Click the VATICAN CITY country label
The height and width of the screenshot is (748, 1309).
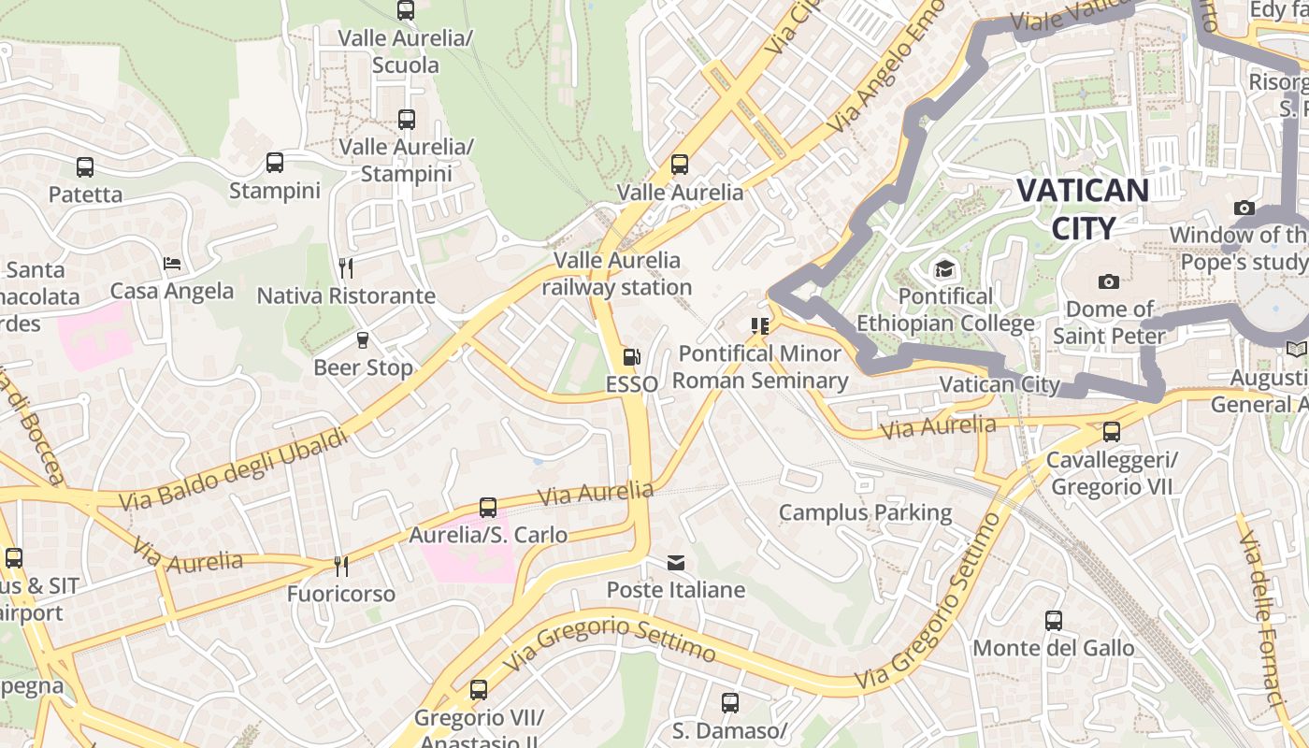1083,209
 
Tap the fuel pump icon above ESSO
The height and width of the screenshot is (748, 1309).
632,356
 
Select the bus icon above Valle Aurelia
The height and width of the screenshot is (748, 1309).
680,165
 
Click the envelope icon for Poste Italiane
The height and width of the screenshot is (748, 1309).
675,562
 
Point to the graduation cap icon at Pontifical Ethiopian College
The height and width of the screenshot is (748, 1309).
944,269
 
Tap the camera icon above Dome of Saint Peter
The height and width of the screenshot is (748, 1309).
1108,281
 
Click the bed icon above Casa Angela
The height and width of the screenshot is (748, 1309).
172,264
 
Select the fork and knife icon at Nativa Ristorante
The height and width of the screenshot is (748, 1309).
346,268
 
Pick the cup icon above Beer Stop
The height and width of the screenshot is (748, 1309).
363,339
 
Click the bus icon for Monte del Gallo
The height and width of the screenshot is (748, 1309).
1054,620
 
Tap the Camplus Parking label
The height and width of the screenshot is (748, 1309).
865,512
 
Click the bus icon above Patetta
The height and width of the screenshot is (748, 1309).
85,167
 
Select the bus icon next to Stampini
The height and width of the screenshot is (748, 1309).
275,163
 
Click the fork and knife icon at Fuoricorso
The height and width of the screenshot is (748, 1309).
341,566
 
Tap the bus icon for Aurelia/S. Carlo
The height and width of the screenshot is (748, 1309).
488,508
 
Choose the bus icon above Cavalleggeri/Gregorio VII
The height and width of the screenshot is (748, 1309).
1111,432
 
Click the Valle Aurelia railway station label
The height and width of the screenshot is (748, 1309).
617,273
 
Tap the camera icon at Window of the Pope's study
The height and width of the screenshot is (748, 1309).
1244,208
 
